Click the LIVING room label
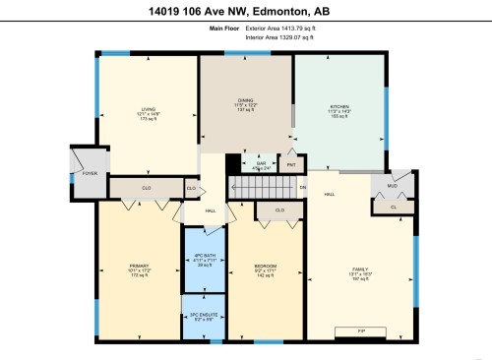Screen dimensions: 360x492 (x=148, y=108)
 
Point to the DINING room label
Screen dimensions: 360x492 (x=246, y=98)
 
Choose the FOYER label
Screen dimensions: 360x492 (x=90, y=173)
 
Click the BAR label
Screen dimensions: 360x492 (x=262, y=163)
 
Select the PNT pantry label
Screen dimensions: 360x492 (x=291, y=165)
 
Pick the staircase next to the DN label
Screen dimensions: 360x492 (x=264, y=187)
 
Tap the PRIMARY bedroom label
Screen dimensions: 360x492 (x=140, y=266)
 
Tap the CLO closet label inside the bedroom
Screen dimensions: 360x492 (x=279, y=210)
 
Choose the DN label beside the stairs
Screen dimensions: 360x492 (x=303, y=187)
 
